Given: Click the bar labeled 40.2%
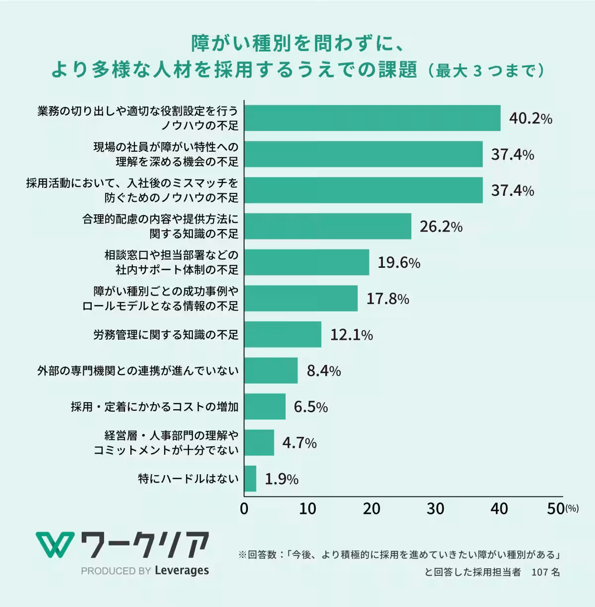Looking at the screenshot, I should pos(372,118).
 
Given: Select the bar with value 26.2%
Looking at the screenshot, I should pos(328,226).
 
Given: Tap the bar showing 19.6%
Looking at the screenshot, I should pos(307,262).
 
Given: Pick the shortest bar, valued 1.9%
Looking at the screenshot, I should pos(250,479).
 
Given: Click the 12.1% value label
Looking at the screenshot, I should pos(351,335).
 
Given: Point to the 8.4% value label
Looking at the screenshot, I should pos(323,370).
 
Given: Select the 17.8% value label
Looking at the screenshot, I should pos(387,299).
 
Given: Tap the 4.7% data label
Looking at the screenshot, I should pos(299,442).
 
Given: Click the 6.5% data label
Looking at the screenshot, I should pos(310,407).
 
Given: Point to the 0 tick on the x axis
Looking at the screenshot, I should pos(244,509).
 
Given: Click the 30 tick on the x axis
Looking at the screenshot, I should pos(435,509).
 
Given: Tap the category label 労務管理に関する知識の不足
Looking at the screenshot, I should pos(166,335).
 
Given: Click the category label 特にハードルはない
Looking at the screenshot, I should pos(188,479).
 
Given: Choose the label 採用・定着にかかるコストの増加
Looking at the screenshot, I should pos(155,407).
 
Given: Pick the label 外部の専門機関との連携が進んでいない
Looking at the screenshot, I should pos(138,370).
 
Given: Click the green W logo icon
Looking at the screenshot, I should pos(55,544).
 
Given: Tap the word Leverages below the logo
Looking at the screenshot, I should pos(181,571).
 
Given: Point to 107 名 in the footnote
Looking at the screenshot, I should pos(545,572).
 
